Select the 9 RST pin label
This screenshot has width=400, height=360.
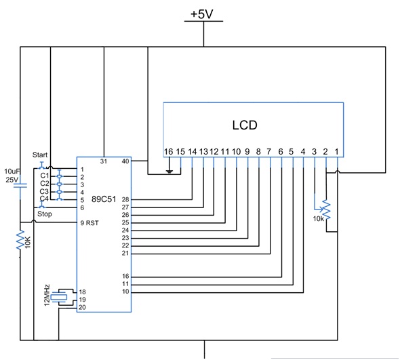[89, 222]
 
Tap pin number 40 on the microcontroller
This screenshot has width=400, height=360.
[124, 161]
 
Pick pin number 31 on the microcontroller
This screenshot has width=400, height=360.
[104, 161]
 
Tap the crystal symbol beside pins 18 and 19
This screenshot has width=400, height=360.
[62, 296]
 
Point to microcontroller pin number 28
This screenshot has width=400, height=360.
[125, 200]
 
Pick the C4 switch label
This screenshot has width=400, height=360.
[44, 199]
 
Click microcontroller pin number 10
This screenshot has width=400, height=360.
[125, 292]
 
